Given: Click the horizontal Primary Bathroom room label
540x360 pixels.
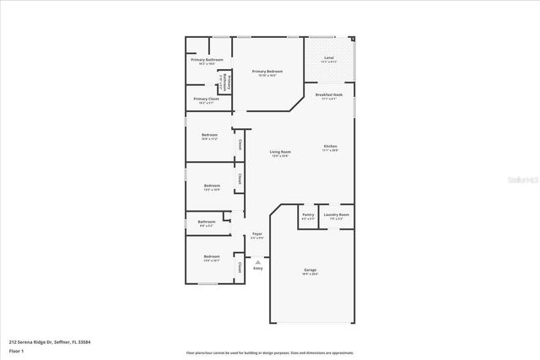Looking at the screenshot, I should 207,61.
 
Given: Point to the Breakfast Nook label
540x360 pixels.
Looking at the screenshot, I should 329,96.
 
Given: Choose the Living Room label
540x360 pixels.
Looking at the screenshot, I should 280,153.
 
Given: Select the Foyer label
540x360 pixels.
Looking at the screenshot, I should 257,235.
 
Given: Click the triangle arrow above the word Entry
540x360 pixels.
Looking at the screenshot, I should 257,262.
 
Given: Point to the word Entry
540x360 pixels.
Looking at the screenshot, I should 257,268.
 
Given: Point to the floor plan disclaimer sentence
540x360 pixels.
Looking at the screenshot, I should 270,352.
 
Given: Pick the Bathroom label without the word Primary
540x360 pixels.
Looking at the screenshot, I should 206,223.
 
